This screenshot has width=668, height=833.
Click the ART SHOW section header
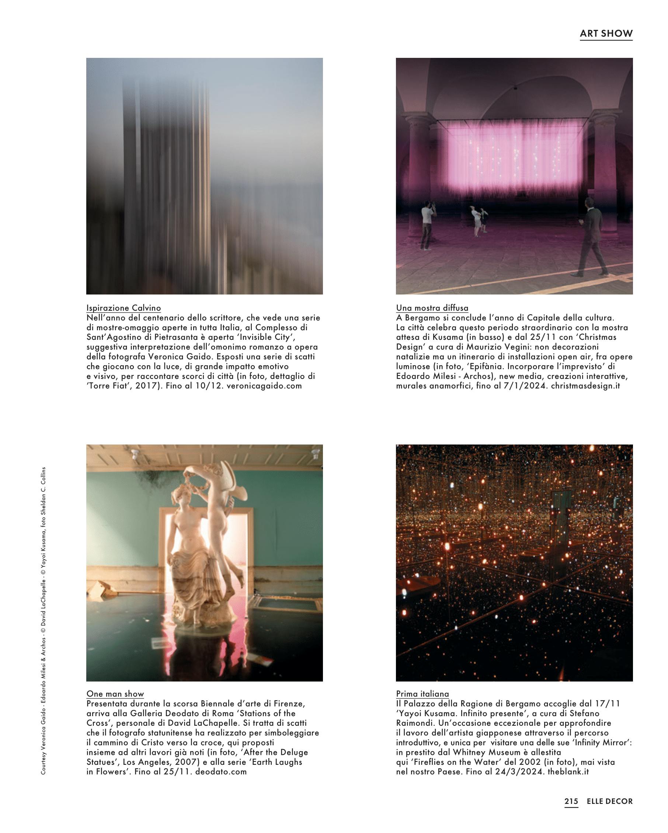(x=606, y=34)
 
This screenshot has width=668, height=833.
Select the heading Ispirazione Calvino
(x=123, y=308)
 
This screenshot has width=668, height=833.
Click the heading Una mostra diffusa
(x=432, y=308)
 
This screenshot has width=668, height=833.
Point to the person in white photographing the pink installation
(x=427, y=226)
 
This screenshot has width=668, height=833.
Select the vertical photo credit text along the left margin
(x=43, y=622)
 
